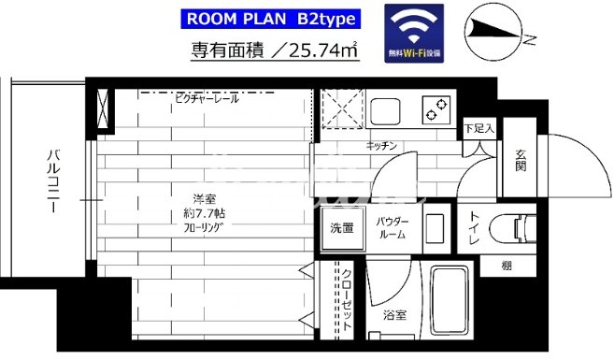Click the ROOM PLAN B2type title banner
coord(269,20)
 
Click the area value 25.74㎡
coord(321,51)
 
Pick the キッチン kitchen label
coord(383,146)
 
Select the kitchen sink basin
coord(389,110)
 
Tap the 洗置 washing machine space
coord(341,228)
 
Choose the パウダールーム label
coord(391,227)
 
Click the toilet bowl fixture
coord(520,228)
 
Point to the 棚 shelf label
coord(506,266)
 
